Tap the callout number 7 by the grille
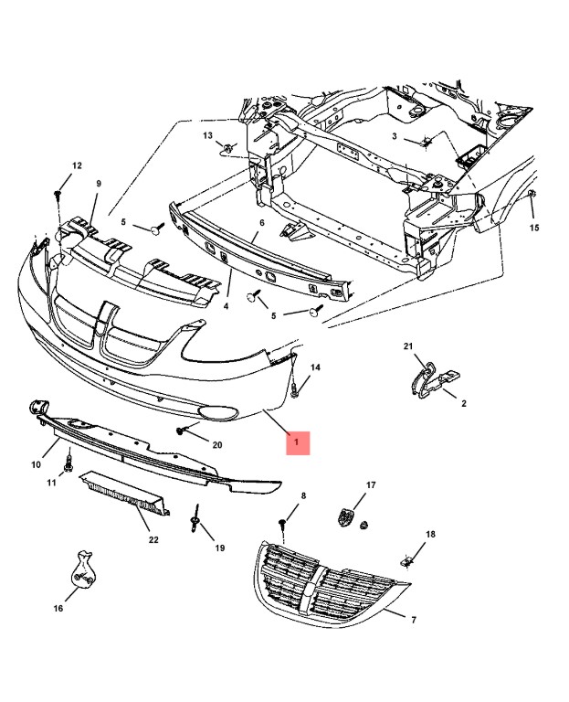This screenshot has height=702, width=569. click(x=413, y=621)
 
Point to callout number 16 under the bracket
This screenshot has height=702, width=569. click(x=58, y=608)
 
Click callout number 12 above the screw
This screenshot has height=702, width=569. click(x=77, y=165)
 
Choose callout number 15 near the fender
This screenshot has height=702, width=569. click(x=534, y=228)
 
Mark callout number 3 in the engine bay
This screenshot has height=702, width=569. click(x=395, y=136)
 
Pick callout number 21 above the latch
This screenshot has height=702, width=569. click(x=408, y=346)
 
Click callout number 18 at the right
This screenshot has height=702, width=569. click(x=430, y=534)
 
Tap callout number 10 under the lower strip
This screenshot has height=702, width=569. click(x=37, y=464)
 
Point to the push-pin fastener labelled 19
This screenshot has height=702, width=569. click(x=196, y=522)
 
